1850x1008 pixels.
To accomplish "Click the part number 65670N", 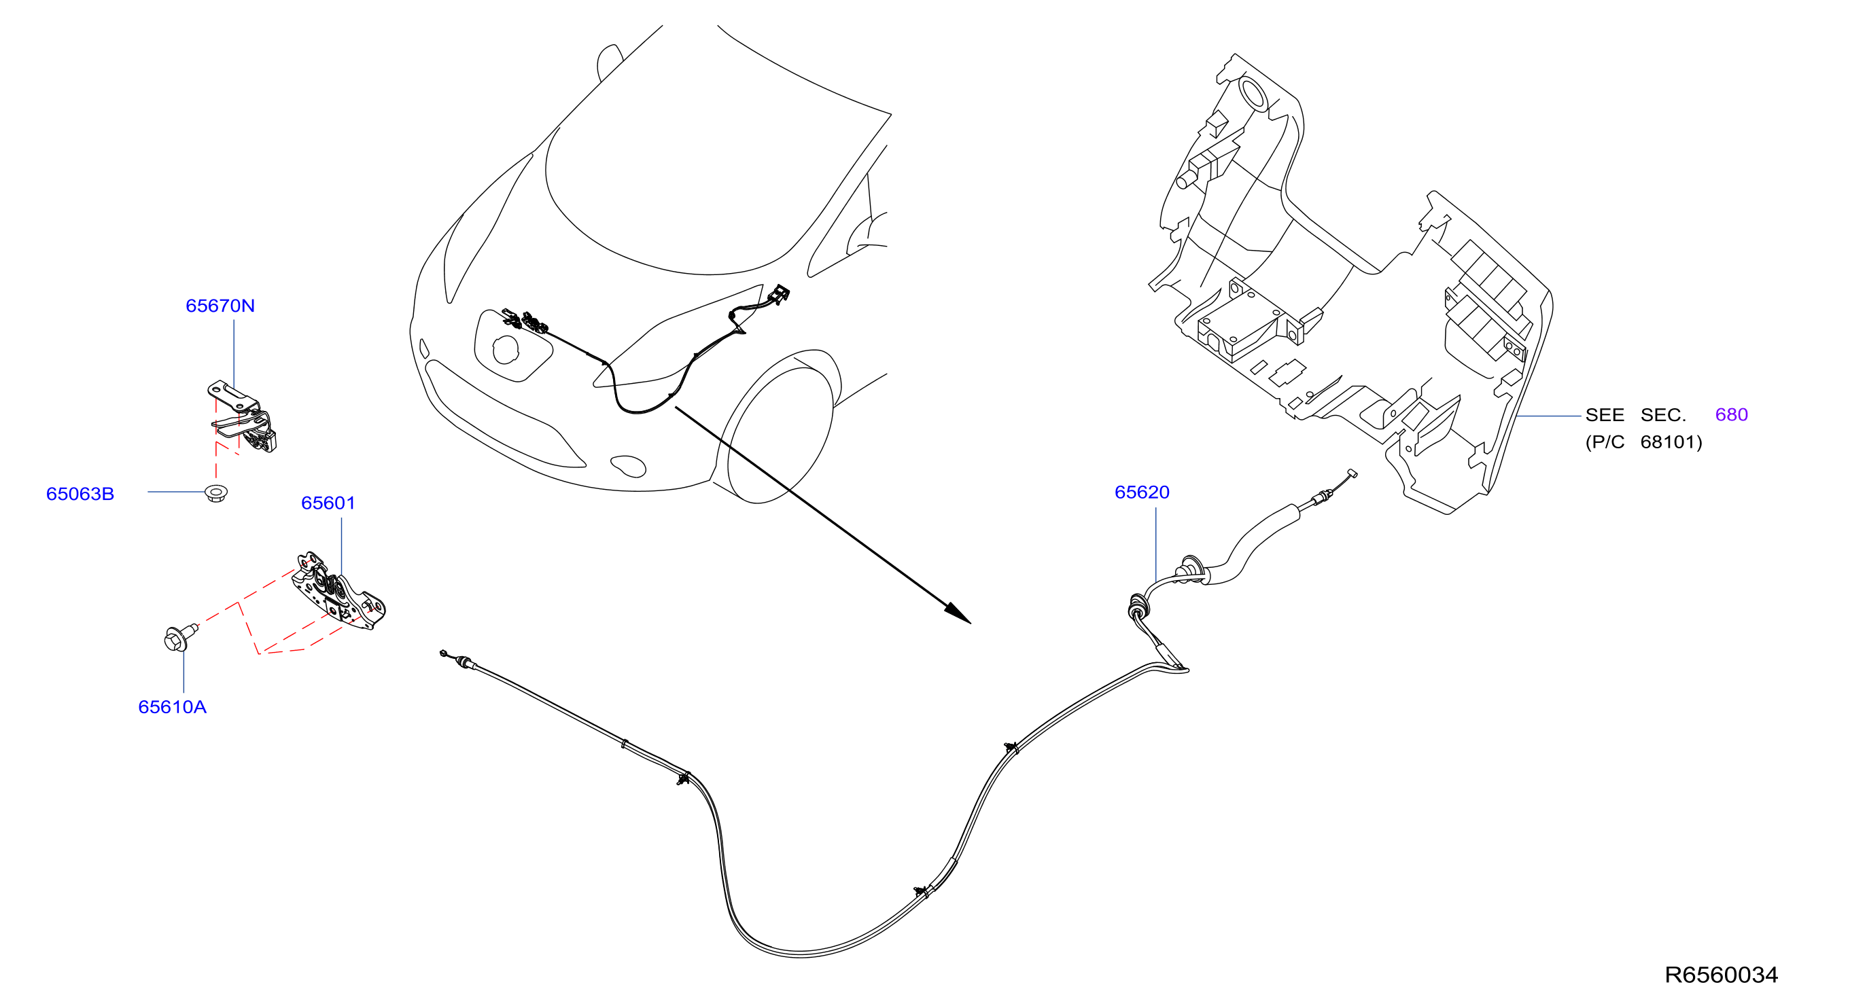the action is [220, 306].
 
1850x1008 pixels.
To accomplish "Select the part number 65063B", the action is [80, 494].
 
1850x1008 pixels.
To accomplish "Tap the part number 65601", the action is [328, 503].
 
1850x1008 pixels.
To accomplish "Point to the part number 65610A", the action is [173, 707].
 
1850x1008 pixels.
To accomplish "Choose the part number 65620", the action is [1142, 492].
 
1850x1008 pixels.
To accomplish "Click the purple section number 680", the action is [1731, 415].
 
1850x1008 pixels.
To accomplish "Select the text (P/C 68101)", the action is [1644, 442].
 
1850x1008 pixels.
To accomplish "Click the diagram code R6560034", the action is [1722, 975].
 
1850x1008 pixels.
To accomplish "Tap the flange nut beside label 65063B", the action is [215, 493].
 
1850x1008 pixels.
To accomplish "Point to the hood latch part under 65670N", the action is [243, 417].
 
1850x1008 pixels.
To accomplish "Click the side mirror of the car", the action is [609, 62].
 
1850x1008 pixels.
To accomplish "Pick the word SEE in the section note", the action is [1605, 415].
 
